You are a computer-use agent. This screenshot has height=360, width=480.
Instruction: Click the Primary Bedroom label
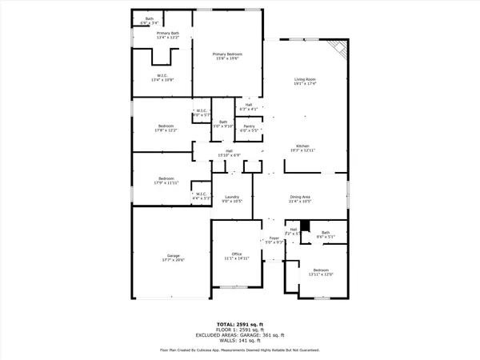coord(227,56)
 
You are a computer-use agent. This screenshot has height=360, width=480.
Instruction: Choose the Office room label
coord(237,256)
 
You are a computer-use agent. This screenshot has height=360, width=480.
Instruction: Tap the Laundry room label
coord(232,199)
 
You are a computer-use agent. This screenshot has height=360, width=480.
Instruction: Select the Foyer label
coord(274,239)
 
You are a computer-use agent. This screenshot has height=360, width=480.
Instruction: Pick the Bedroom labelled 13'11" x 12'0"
coord(322,273)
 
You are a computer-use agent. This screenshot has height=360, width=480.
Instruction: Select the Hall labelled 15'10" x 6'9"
coord(229,153)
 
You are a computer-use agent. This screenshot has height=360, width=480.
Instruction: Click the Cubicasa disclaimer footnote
coord(240,350)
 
